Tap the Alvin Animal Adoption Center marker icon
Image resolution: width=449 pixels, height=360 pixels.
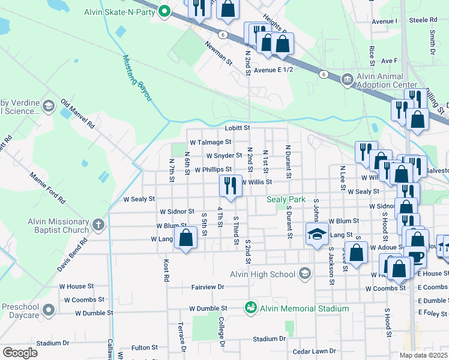point(346,80)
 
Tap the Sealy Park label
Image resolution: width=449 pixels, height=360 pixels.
point(286,199)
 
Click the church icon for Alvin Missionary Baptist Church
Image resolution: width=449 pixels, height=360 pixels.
point(98,226)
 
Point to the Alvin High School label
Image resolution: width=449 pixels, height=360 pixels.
point(262,274)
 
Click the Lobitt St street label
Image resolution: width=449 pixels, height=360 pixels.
point(237,128)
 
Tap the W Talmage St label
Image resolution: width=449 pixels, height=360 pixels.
point(210,142)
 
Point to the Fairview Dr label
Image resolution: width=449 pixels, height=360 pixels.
point(207,287)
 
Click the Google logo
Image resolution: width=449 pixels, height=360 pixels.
point(20,353)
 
